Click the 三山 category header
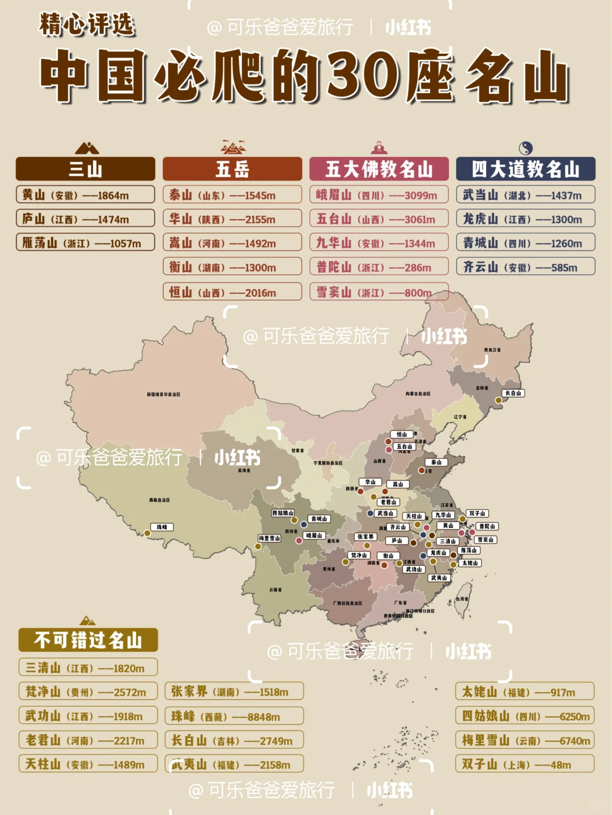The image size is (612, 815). tap(85, 169)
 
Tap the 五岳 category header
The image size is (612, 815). tap(232, 169)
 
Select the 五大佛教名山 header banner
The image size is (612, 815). tap(379, 169)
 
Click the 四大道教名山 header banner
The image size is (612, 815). tap(525, 169)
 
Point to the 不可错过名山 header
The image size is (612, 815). tap(88, 640)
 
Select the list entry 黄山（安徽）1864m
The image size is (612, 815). tap(85, 195)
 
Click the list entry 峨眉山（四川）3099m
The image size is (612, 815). tap(379, 195)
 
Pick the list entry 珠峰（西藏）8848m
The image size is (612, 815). tap(234, 716)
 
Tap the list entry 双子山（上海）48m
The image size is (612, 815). tap(525, 764)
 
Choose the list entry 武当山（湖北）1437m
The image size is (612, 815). tap(525, 195)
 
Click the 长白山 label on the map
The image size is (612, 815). tap(513, 393)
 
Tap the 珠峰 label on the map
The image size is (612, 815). tap(162, 527)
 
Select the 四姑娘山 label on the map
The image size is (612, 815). tap(283, 513)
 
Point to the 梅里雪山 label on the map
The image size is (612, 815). tap(269, 538)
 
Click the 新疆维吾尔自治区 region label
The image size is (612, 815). tap(163, 394)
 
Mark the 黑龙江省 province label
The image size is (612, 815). tap(492, 350)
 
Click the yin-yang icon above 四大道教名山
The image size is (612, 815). tap(526, 148)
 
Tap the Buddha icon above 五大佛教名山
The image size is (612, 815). tap(379, 148)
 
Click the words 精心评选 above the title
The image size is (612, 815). tap(87, 25)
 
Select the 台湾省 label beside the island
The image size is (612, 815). tap(462, 599)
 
